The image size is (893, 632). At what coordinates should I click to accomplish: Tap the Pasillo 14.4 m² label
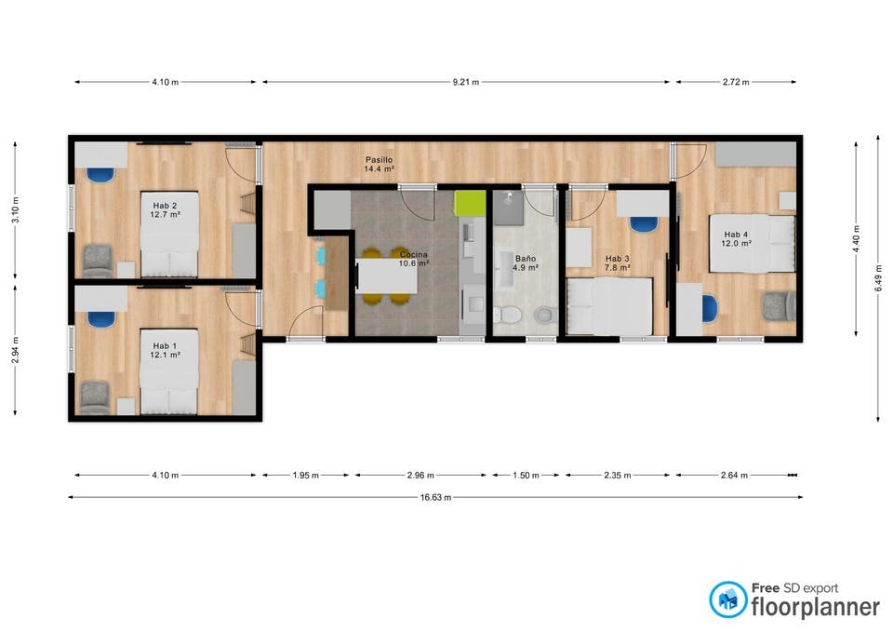click(380, 164)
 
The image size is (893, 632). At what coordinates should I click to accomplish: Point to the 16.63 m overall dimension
click(435, 498)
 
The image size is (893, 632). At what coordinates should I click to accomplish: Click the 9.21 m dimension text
click(466, 82)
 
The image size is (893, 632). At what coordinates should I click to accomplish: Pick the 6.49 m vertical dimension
click(879, 279)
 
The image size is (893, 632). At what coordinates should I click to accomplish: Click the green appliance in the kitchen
click(470, 204)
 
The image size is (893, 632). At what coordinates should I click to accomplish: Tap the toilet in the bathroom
click(507, 314)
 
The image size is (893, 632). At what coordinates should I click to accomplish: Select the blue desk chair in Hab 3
click(644, 223)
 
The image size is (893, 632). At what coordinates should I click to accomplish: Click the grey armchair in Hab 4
click(780, 306)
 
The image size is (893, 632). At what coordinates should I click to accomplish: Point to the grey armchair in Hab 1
click(95, 397)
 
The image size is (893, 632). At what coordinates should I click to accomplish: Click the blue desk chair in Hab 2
click(100, 174)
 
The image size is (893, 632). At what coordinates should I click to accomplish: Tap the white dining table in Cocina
click(387, 276)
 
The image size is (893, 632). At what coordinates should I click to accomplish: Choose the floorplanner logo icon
click(727, 599)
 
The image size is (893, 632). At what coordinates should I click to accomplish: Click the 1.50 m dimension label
click(526, 476)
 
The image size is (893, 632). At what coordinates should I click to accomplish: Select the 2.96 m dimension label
click(420, 476)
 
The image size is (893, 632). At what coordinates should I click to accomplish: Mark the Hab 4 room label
click(737, 239)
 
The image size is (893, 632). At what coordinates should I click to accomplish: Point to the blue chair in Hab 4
click(710, 308)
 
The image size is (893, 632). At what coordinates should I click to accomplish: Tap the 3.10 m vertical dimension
click(16, 209)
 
